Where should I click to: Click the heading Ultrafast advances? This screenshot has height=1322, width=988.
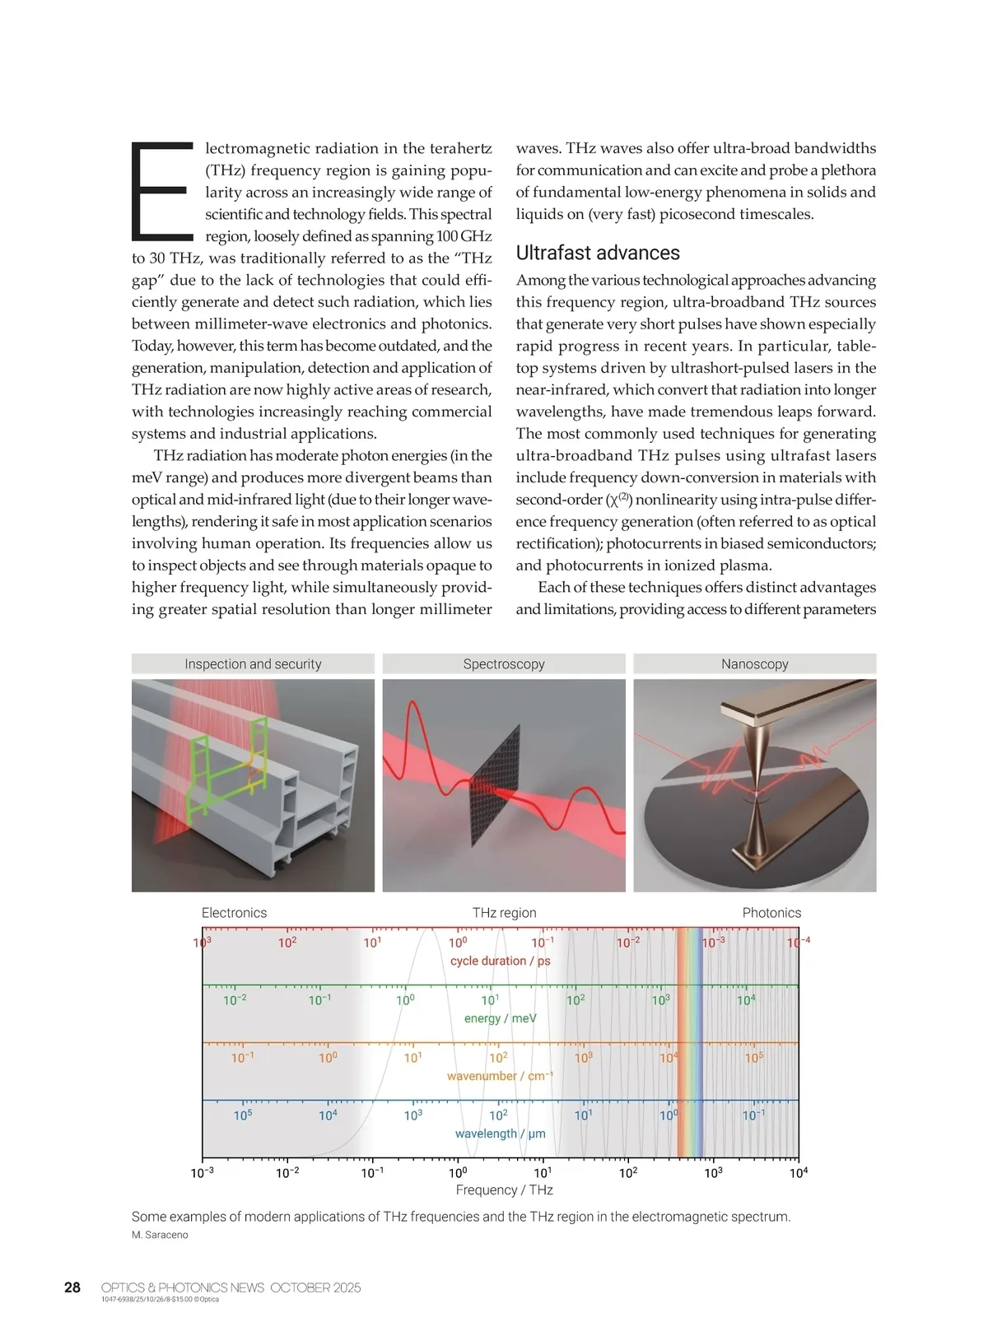click(598, 253)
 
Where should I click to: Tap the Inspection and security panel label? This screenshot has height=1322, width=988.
click(253, 664)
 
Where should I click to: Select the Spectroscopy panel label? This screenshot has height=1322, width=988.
click(504, 664)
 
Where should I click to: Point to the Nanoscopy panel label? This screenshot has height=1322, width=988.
click(755, 664)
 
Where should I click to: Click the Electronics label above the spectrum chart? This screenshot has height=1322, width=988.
click(234, 913)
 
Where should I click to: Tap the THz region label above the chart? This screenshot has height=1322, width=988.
click(504, 913)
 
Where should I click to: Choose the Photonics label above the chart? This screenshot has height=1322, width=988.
click(771, 913)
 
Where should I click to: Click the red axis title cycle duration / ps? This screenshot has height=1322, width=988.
click(500, 961)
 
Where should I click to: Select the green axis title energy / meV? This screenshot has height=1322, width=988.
click(500, 1018)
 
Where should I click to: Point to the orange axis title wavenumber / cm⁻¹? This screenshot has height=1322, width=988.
click(500, 1076)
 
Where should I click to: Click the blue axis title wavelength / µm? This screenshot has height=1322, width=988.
click(500, 1133)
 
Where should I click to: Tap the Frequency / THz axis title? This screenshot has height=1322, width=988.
click(504, 1190)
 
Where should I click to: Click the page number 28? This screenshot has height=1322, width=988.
click(72, 1287)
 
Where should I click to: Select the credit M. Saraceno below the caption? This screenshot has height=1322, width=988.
click(160, 1235)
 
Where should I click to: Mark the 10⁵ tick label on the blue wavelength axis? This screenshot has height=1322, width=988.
click(243, 1115)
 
